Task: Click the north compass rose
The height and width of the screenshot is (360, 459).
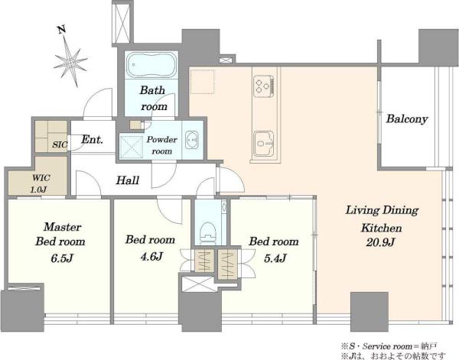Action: [x=71, y=62]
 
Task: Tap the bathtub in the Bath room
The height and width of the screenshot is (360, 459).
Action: [x=151, y=65]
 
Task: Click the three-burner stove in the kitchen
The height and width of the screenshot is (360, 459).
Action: [x=263, y=86]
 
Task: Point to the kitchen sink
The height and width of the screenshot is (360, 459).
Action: [x=264, y=144]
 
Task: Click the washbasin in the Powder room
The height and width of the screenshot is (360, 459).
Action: [x=192, y=140]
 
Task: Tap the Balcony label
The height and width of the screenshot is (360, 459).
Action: [x=407, y=119]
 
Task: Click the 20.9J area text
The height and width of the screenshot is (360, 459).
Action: [x=381, y=242]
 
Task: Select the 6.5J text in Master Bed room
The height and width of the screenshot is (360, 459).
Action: [x=62, y=258]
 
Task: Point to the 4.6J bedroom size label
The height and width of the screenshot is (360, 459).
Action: [x=151, y=257]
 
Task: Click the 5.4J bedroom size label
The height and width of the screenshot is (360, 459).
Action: [x=275, y=258]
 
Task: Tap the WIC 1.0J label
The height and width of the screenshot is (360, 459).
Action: [x=41, y=183]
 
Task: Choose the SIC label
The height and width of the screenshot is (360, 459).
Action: [x=60, y=144]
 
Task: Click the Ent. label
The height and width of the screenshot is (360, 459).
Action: [x=93, y=139]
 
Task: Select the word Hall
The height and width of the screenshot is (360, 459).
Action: [x=127, y=180]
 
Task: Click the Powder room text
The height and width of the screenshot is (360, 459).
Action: [x=162, y=145]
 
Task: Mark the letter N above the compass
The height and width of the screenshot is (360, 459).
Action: [x=62, y=30]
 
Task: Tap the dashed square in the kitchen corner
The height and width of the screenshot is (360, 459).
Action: [x=202, y=81]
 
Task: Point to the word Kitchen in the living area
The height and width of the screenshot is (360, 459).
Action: [x=382, y=228]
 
